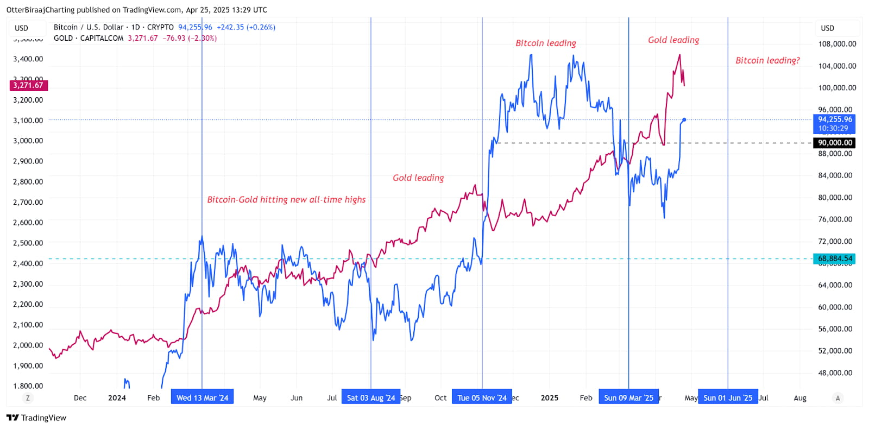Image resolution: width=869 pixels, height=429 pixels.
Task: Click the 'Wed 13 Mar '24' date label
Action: pyautogui.click(x=202, y=398)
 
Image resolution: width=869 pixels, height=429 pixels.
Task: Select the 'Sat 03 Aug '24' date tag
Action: pyautogui.click(x=371, y=398)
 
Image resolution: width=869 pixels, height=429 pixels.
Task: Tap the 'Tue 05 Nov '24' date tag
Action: pyautogui.click(x=482, y=398)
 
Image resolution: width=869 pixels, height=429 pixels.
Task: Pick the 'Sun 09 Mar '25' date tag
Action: pyautogui.click(x=628, y=398)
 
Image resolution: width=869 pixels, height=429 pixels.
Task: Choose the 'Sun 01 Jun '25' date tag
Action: pyautogui.click(x=728, y=398)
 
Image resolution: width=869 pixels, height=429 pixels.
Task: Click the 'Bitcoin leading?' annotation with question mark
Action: pyautogui.click(x=767, y=60)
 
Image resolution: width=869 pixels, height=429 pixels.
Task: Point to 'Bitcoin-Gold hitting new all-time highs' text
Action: pyautogui.click(x=286, y=199)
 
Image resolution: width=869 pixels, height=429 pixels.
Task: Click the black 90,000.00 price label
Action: pyautogui.click(x=835, y=143)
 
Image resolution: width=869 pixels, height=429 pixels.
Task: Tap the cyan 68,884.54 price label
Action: pyautogui.click(x=835, y=258)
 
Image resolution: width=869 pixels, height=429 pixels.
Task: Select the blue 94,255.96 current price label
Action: pyautogui.click(x=835, y=119)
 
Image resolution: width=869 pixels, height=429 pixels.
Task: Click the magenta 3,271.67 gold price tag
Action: pyautogui.click(x=28, y=85)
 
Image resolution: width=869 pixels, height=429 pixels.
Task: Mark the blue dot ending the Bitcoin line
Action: pyautogui.click(x=684, y=119)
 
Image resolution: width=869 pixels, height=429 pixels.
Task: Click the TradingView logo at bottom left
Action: pyautogui.click(x=36, y=418)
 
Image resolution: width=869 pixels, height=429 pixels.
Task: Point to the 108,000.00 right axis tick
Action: pyautogui.click(x=837, y=44)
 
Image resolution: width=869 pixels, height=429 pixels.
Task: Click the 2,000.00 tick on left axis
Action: pyautogui.click(x=28, y=345)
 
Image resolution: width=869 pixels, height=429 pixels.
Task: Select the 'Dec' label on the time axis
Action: pyautogui.click(x=80, y=398)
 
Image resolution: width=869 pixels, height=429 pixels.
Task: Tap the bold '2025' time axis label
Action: pyautogui.click(x=549, y=398)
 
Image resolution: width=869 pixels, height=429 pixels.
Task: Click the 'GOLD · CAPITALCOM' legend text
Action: pyautogui.click(x=89, y=38)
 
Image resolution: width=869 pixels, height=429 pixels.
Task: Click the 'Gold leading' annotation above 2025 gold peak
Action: pyautogui.click(x=673, y=40)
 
